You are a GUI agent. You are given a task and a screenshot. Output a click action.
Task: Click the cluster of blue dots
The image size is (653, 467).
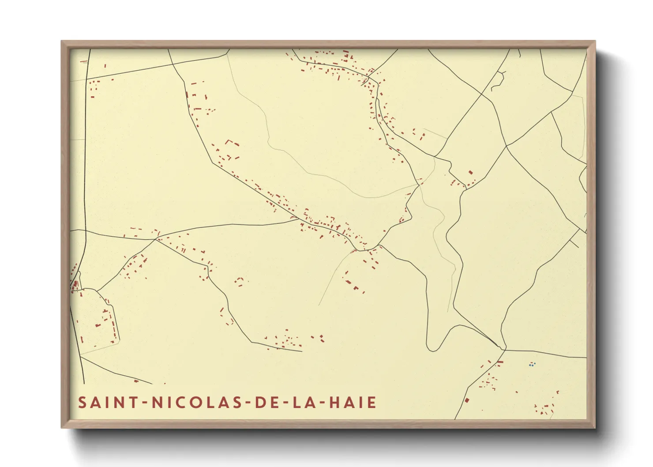532,365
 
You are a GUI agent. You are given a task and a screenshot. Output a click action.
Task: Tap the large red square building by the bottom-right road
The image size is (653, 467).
467,400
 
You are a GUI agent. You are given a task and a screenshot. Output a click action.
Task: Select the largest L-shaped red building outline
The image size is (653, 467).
230,142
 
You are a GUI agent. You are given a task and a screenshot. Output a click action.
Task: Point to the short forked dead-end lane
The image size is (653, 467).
498,80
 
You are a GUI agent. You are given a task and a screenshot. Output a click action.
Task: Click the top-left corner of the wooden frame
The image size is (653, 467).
62,41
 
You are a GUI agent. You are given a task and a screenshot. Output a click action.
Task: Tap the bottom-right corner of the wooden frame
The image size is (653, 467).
595,427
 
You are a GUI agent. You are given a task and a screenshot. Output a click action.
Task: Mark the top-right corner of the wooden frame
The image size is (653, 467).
595,41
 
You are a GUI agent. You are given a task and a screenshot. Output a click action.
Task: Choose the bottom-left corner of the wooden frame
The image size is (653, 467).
62,427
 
